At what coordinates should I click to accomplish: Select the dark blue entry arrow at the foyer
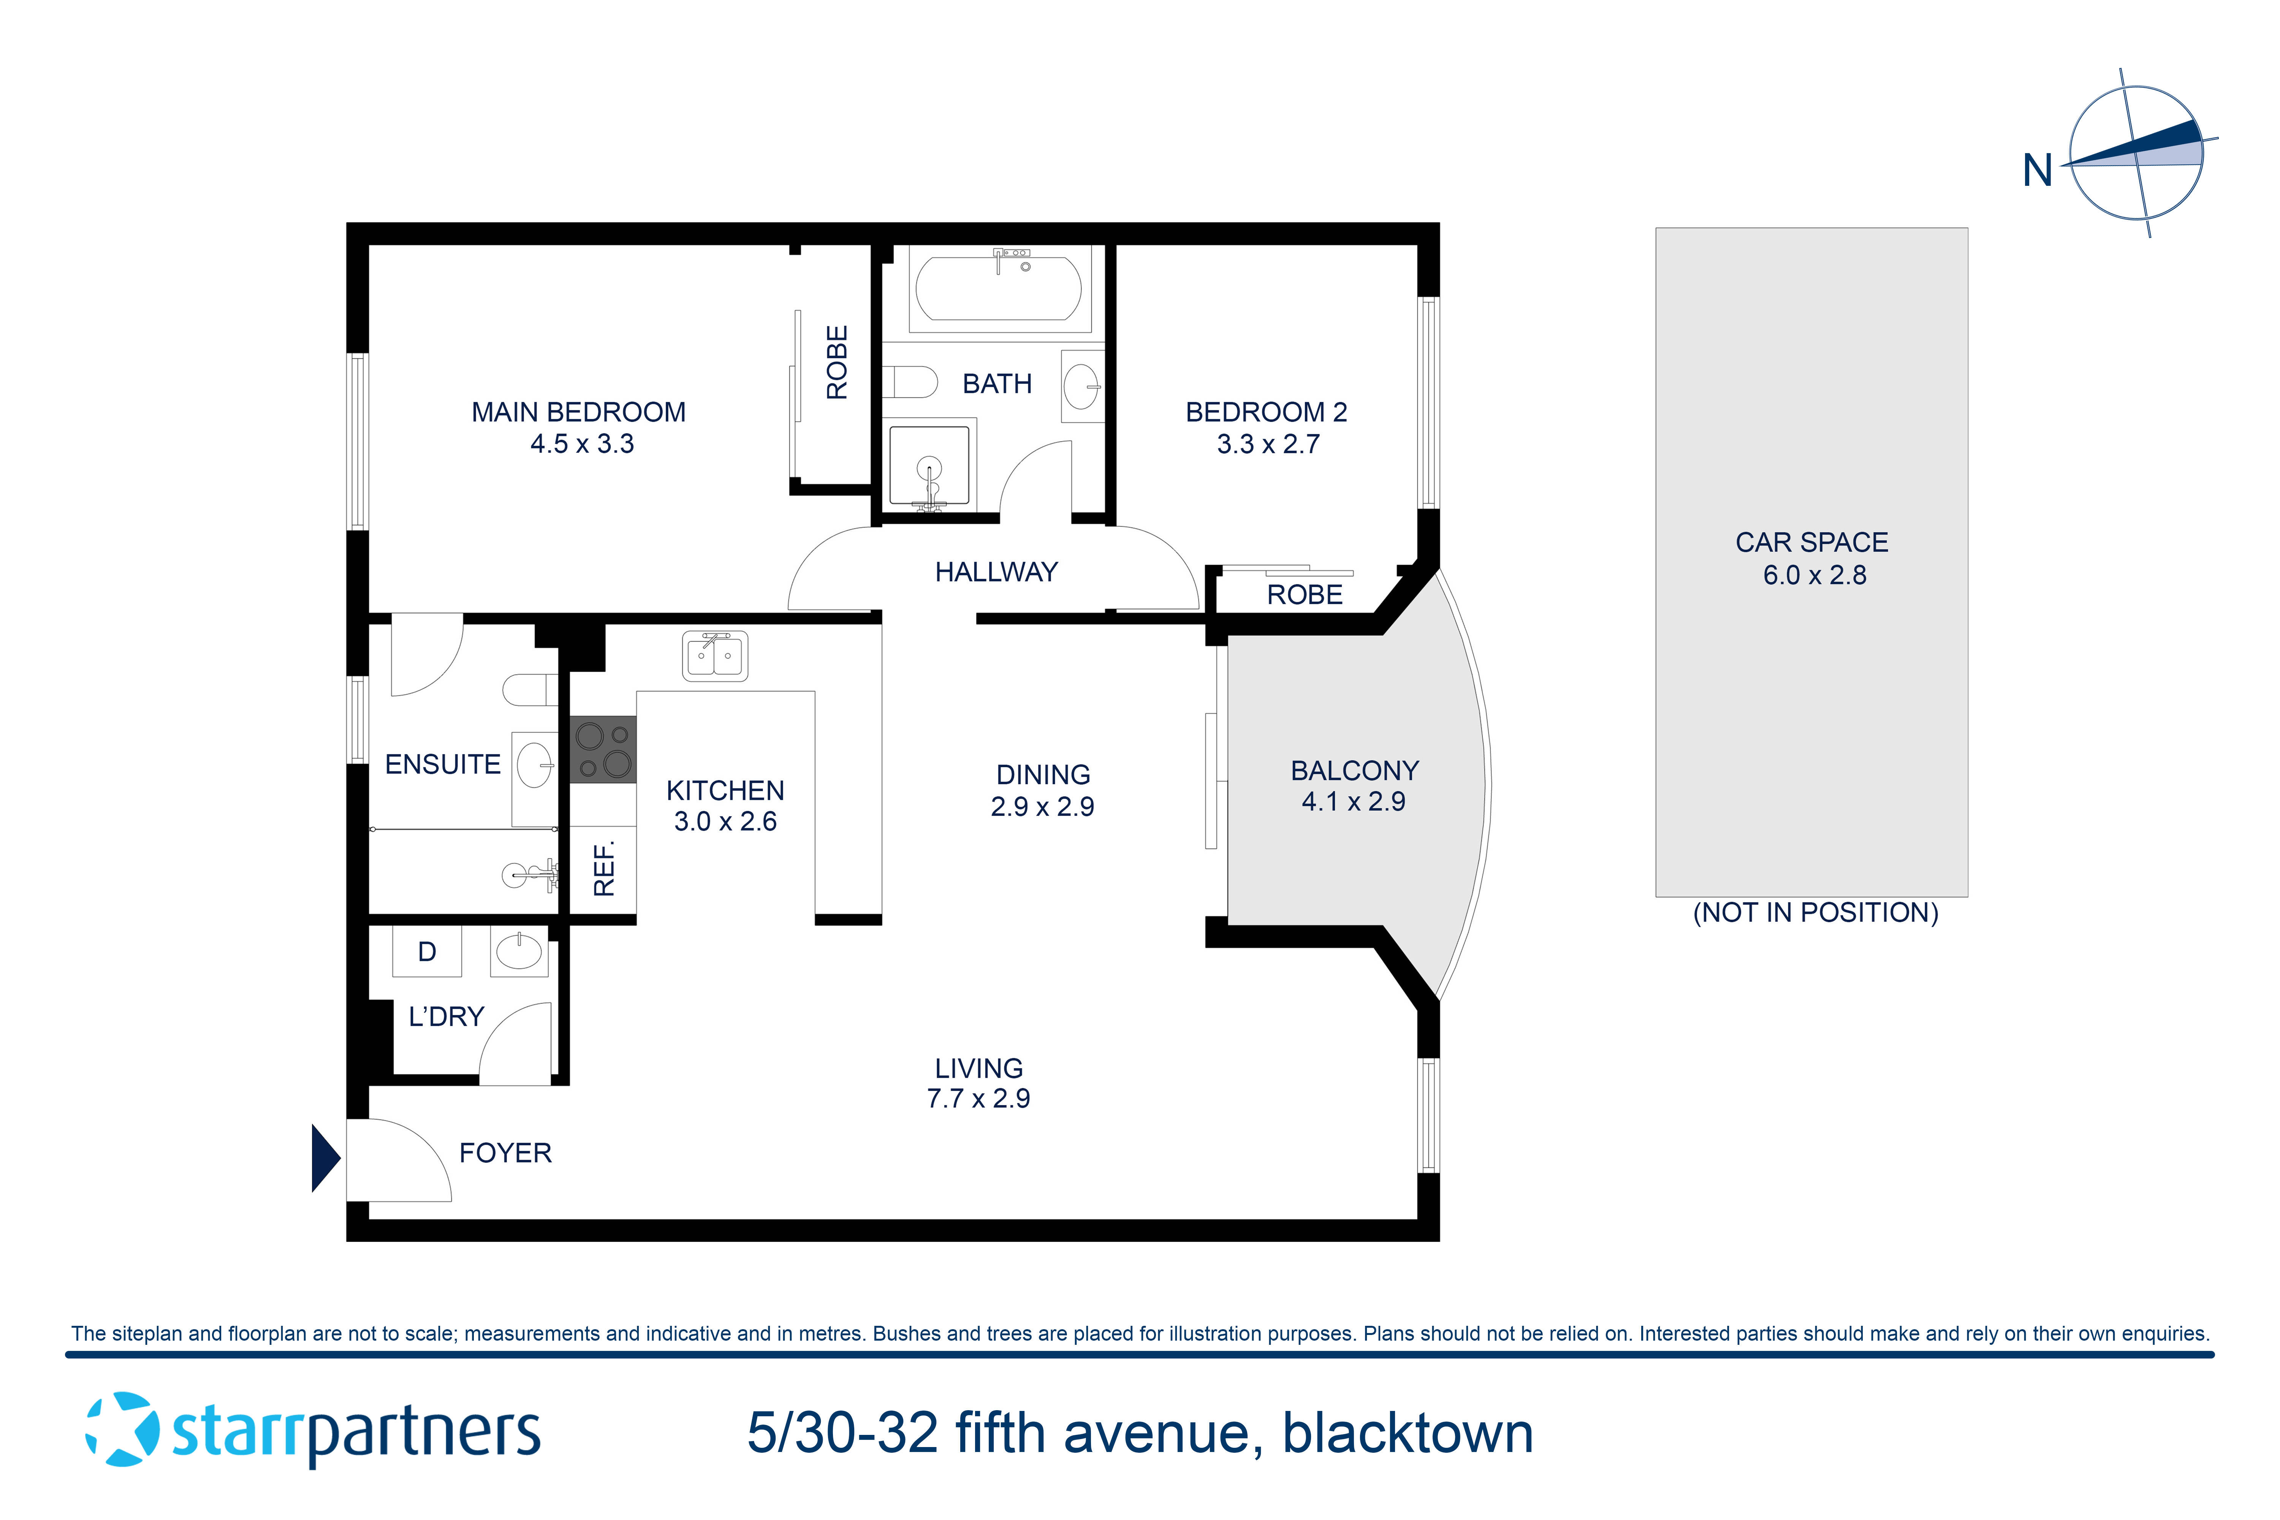pos(325,1157)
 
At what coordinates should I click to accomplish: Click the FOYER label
pos(505,1153)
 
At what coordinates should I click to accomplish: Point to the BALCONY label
pos(1354,771)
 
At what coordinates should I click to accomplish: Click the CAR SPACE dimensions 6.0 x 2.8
pos(1814,575)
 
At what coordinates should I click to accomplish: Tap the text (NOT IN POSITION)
pos(1815,912)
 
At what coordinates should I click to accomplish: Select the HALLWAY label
pos(996,572)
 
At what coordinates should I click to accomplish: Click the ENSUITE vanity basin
pos(534,766)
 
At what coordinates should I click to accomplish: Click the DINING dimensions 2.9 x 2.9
pos(1042,806)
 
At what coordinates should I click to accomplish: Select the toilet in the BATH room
pos(911,382)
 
